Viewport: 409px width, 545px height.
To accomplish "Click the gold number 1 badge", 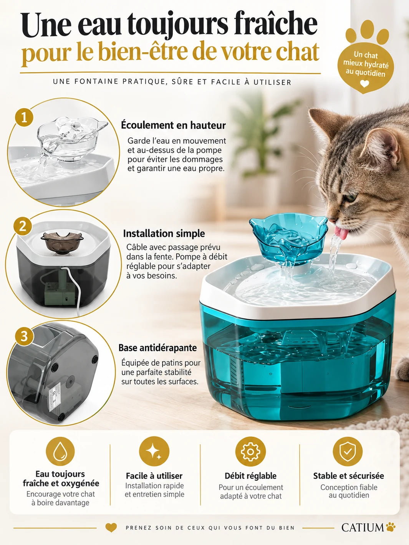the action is pos(24,117).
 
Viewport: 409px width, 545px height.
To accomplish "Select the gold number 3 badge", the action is pos(24,337).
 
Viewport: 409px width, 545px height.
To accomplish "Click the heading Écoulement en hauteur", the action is pos(173,126).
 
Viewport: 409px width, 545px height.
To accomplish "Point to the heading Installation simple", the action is pos(164,234).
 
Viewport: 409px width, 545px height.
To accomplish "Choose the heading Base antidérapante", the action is pos(158,348).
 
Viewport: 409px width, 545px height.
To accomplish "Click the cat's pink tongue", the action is pos(341,233).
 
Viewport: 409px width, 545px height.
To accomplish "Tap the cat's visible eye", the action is pos(351,198).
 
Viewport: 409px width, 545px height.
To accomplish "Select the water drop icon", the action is pos(60,452).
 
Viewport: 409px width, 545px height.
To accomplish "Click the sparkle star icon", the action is pos(154,451).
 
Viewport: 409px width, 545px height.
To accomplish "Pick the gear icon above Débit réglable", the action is pos(250,451).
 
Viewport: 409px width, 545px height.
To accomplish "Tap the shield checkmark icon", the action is pos(348,451).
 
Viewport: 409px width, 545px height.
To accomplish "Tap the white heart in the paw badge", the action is pos(364,84).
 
